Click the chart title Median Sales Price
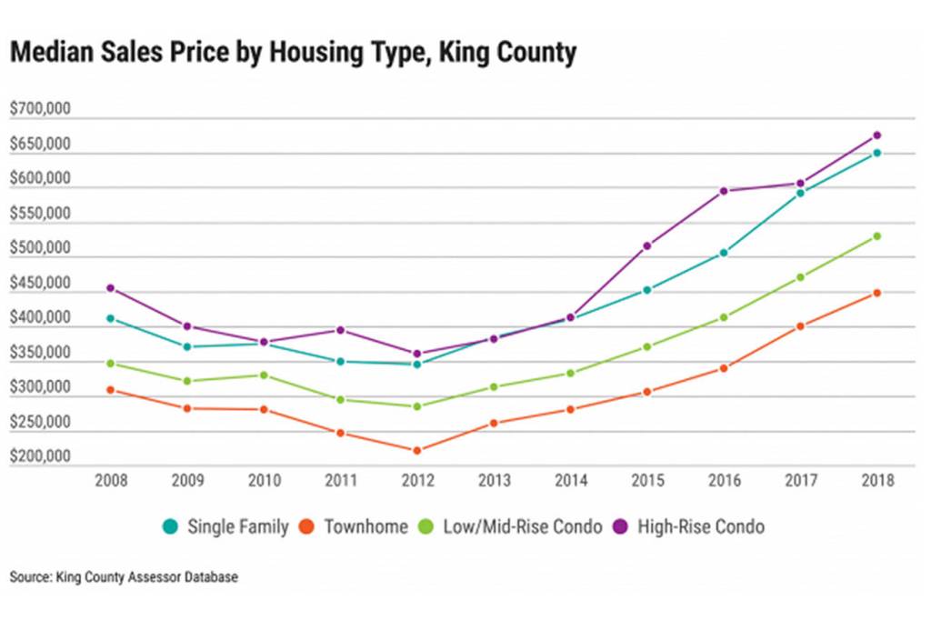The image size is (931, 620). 293,53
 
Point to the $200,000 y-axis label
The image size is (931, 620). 40,456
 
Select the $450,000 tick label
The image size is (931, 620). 40,283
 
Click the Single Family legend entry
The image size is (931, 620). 226,525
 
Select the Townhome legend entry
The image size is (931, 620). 355,525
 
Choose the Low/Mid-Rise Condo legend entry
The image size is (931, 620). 512,525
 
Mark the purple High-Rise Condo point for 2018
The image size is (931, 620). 877,135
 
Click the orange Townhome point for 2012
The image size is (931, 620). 417,450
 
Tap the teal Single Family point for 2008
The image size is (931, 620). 111,318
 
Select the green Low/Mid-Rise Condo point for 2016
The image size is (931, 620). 724,317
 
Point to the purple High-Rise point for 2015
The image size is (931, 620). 647,245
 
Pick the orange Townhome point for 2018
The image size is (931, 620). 877,293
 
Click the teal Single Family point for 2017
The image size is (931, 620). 800,193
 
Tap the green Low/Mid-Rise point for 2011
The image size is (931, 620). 341,399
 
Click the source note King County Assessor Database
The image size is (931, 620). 125,577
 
